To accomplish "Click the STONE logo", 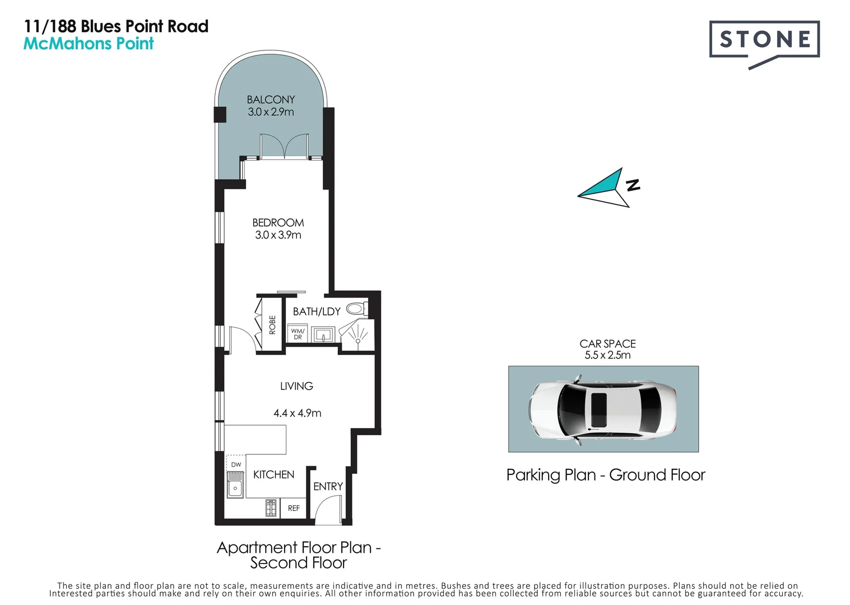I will [x=764, y=40].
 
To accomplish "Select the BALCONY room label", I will [x=271, y=100].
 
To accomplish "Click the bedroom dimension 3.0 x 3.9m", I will [x=278, y=235].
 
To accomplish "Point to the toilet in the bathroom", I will [x=356, y=309].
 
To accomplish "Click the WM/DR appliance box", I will [x=298, y=334].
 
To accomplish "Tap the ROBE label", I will [x=272, y=325].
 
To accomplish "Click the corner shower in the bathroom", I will [x=357, y=335].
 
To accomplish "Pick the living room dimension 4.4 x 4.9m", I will [x=297, y=413].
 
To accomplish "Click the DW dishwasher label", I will [x=236, y=464].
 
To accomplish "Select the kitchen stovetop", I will [x=271, y=508].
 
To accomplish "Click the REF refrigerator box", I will [x=294, y=508].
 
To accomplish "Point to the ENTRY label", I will [x=328, y=486].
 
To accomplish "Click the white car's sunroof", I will [x=599, y=409].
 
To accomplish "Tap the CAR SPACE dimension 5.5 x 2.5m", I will [x=607, y=355].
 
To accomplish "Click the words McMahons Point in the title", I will [x=89, y=44].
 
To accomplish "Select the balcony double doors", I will [x=284, y=147].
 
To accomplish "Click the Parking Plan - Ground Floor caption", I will [x=605, y=475].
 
